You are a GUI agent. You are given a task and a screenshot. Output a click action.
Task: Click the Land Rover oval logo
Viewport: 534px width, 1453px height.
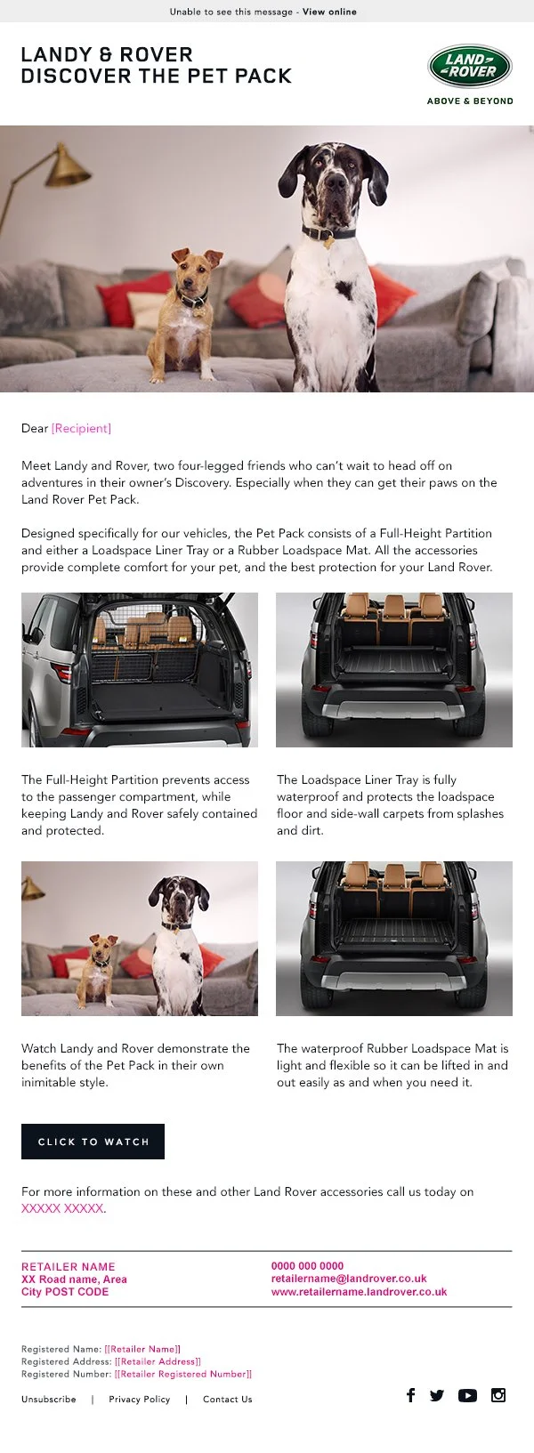[469, 67]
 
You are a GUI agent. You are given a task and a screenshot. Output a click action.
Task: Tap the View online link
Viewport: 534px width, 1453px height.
[329, 12]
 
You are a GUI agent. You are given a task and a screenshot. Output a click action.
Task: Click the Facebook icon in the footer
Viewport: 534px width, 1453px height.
[410, 1395]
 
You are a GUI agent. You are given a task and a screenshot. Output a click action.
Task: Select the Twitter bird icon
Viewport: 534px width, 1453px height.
[436, 1395]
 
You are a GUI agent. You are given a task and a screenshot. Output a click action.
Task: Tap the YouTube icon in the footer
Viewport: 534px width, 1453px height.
[467, 1395]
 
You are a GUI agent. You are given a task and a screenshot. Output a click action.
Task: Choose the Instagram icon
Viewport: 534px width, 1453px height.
[498, 1395]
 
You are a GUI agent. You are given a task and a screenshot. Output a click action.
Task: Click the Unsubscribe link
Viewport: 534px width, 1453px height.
[49, 1400]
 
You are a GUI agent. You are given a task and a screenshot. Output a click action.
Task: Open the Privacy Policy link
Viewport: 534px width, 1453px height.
[139, 1400]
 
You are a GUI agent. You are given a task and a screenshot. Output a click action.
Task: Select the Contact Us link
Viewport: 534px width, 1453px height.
[227, 1400]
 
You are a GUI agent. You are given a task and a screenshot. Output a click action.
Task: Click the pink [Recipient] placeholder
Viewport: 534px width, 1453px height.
[81, 429]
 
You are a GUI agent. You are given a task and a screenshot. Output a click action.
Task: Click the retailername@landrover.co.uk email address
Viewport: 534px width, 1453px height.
[349, 1279]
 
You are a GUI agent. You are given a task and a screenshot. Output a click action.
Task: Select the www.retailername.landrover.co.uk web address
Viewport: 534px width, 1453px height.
[359, 1292]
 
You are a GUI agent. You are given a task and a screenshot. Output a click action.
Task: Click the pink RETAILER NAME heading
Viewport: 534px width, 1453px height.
[68, 1267]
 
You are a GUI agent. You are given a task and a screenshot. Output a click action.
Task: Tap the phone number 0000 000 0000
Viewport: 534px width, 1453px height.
[307, 1266]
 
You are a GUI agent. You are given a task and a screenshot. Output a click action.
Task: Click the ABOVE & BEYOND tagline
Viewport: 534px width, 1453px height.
[470, 101]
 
